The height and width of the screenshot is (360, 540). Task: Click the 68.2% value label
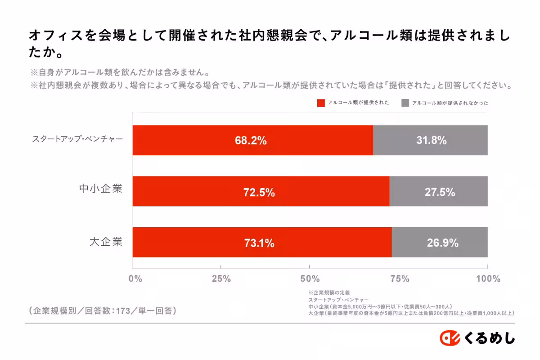click(x=251, y=140)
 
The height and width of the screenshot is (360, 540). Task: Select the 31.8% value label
click(x=431, y=140)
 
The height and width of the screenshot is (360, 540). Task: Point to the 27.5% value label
click(x=440, y=193)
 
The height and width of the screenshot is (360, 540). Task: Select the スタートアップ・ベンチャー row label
click(x=77, y=139)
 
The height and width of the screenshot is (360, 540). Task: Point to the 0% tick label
click(x=135, y=279)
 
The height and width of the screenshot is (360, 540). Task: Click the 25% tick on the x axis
click(x=221, y=279)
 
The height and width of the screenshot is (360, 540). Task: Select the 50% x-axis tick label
click(x=310, y=279)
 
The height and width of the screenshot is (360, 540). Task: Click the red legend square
click(x=321, y=103)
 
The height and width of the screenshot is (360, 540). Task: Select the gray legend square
click(x=405, y=103)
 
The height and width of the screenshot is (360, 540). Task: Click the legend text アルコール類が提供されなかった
click(x=450, y=103)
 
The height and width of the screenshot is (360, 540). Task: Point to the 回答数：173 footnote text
click(x=103, y=310)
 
